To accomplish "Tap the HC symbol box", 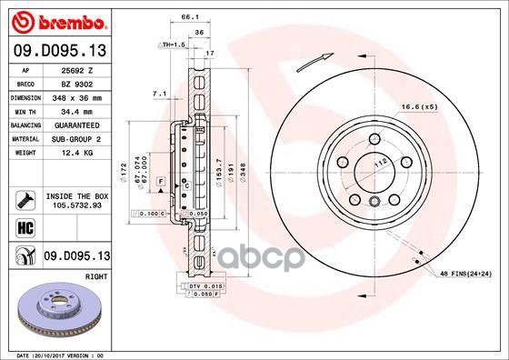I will click(x=24, y=227).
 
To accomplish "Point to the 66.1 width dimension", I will click(x=190, y=16).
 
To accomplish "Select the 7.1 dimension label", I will click(x=158, y=93).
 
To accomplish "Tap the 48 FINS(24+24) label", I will click(x=465, y=274).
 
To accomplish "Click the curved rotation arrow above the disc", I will click(x=314, y=60).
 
